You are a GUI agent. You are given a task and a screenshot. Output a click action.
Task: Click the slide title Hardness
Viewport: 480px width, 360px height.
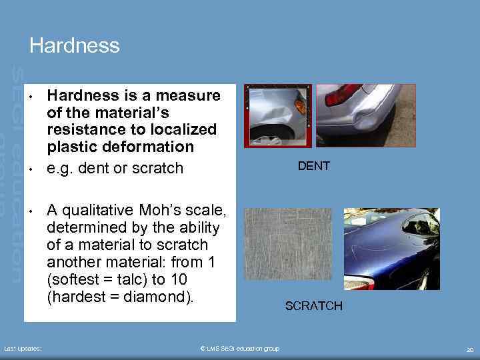point(75,45)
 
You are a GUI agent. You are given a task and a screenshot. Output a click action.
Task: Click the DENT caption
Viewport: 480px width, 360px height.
point(313,166)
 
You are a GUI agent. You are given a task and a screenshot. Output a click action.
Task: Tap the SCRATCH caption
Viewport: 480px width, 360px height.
point(313,306)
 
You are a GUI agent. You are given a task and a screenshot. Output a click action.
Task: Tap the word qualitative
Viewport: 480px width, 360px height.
point(101,211)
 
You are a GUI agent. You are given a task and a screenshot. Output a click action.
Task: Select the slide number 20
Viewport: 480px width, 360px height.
point(470,349)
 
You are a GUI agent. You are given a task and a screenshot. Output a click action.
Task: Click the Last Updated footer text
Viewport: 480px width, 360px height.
point(23,349)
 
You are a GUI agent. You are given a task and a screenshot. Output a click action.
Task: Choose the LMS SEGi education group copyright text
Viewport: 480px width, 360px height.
point(239,349)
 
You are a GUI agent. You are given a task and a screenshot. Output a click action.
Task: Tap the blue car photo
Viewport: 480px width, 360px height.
point(391,249)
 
